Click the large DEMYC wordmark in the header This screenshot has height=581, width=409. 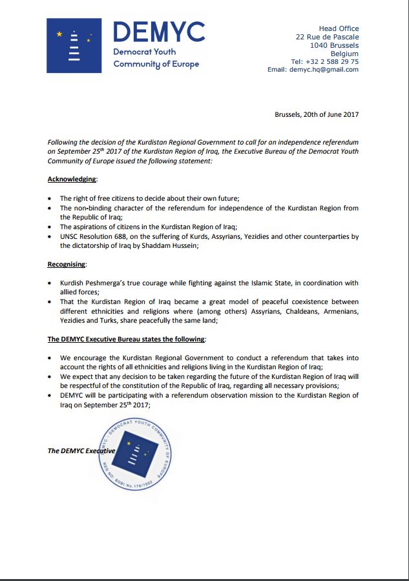159,32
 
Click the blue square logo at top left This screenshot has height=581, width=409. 73,45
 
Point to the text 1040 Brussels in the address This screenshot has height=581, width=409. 334,45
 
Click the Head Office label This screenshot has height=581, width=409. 339,28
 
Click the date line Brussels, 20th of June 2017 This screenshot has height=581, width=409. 317,114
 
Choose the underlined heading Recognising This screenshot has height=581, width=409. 67,264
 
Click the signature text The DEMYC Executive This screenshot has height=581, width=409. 81,451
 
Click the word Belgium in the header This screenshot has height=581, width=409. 344,54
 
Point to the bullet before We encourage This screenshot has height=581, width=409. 50,358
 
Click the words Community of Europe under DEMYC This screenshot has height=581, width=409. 156,64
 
